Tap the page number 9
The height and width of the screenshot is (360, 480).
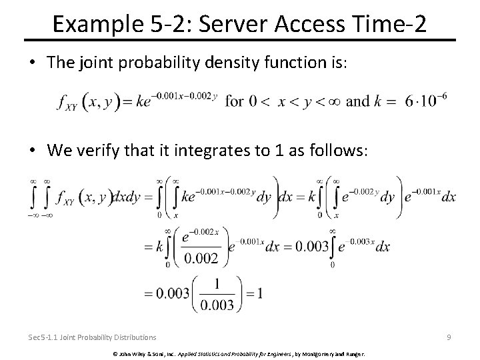[449, 337]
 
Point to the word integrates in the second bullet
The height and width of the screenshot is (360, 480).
[207, 150]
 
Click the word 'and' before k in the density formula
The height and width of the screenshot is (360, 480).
[359, 101]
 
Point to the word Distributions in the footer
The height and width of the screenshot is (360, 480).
[133, 337]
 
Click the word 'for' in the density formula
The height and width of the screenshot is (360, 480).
[235, 101]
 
